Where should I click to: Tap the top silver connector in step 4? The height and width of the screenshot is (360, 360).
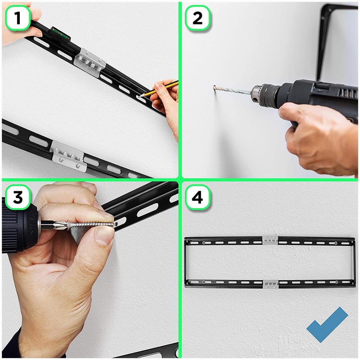[270, 239]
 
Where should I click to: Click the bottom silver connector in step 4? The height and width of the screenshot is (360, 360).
[270, 284]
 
